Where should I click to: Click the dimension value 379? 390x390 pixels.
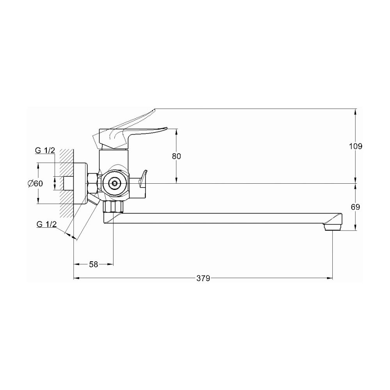point(203,278)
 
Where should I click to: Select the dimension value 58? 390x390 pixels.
point(94,264)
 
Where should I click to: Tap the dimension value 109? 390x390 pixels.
point(356,146)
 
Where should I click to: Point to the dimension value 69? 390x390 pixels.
point(356,207)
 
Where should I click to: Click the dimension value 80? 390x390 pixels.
point(176,156)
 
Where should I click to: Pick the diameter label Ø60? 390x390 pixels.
point(35,184)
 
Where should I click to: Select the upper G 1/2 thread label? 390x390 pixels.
point(45,150)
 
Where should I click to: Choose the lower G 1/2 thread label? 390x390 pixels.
point(46,224)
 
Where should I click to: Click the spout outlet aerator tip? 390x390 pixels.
point(332,227)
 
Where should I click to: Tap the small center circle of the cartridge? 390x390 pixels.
point(114,184)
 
